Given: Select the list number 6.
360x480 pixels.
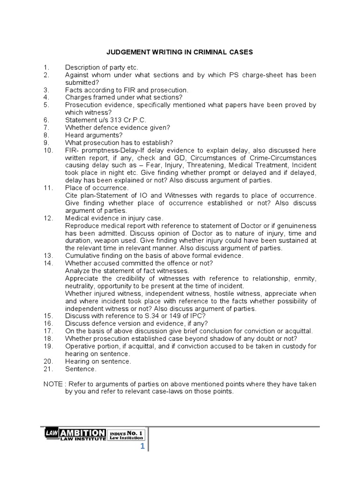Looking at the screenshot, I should [x=46, y=120].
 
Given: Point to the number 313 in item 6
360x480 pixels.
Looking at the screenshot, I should [x=116, y=120].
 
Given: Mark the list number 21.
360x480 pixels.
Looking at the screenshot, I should [x=48, y=369].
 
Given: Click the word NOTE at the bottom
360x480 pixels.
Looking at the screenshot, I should [x=53, y=384].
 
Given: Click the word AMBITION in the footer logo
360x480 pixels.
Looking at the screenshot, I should [x=82, y=433].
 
